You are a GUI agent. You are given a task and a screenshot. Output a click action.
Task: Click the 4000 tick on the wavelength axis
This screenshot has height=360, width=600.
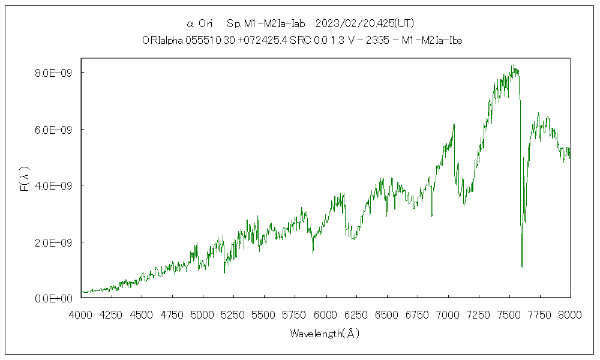click(81, 313)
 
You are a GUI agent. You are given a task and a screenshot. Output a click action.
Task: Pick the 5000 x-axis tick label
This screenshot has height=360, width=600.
click(203, 313)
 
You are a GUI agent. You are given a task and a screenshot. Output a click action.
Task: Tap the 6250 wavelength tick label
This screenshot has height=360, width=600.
click(356, 313)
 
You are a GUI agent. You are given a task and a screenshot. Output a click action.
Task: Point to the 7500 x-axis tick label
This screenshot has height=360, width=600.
click(509, 313)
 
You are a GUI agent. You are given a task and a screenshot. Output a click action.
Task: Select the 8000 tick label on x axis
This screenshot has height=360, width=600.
click(571, 313)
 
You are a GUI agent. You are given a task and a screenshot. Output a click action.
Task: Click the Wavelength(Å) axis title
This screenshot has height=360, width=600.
click(325, 334)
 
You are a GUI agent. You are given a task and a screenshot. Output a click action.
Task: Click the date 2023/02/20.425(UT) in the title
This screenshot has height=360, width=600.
click(365, 23)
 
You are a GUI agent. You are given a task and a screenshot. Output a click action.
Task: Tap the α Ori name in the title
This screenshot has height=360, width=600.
click(200, 23)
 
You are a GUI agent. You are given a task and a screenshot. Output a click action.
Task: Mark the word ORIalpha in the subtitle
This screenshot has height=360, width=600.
click(159, 40)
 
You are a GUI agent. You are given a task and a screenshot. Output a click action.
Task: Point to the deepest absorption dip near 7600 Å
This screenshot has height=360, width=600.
click(522, 266)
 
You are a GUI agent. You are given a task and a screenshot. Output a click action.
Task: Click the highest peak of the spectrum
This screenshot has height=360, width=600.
click(512, 65)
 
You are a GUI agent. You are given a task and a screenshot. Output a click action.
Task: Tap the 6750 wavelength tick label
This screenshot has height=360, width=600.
click(418, 313)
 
